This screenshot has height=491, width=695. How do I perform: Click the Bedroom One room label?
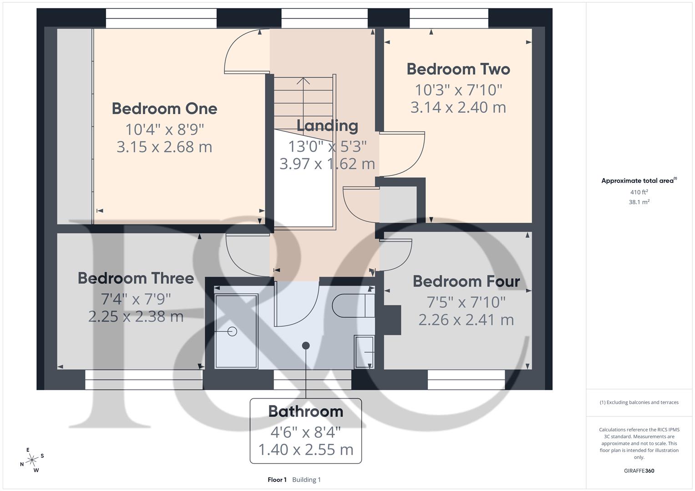click(x=164, y=109)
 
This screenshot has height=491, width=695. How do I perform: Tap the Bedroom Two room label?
click(x=458, y=69)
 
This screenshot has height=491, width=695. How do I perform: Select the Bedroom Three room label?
click(x=136, y=278)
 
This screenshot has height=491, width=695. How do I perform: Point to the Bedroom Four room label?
click(x=466, y=281)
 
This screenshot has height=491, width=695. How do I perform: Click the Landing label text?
click(x=327, y=126)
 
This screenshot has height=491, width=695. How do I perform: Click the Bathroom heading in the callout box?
click(x=305, y=411)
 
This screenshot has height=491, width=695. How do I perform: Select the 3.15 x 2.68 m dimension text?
click(x=164, y=147)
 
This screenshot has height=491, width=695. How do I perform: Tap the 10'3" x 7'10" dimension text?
click(x=458, y=90)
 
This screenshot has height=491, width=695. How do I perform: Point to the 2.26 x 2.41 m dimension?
click(x=466, y=320)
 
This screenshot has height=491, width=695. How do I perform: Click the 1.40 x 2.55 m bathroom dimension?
click(x=305, y=450)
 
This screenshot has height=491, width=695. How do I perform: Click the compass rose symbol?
click(x=32, y=460)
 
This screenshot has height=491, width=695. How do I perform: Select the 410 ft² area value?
click(x=639, y=192)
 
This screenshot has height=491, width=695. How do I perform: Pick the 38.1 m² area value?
click(x=639, y=202)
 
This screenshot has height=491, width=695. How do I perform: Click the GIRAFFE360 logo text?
click(x=639, y=471)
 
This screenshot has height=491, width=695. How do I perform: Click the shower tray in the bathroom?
click(x=236, y=331)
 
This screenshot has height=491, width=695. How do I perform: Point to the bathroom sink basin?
click(x=364, y=352)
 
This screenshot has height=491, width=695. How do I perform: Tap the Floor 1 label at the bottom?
click(x=277, y=480)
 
